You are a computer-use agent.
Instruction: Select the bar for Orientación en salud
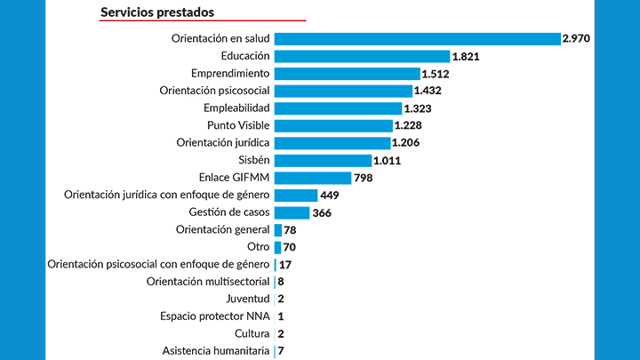pos(417,38)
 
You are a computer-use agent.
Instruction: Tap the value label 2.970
pos(576,38)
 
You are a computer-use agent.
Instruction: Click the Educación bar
pos(362,56)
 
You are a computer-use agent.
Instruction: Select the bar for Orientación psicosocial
pos(343,91)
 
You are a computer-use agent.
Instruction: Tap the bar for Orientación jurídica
pos(332,143)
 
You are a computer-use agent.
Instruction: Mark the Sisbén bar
pos(323,160)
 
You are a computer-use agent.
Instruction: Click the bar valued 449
pos(296,195)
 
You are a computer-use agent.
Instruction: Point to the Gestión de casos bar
pos(292,212)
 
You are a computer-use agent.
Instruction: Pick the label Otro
pos(258,247)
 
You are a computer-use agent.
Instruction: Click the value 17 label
pos(285,265)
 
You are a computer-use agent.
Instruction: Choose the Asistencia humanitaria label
pos(216,351)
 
